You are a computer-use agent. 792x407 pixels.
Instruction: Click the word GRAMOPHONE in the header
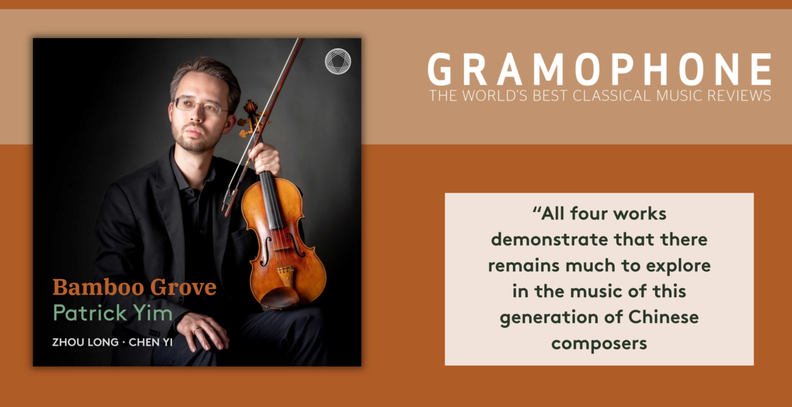coord(599,69)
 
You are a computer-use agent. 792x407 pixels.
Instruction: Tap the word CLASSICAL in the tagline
coord(611,96)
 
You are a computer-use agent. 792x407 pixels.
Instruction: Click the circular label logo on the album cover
coord(338,61)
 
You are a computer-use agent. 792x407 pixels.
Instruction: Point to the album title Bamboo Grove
coord(134,287)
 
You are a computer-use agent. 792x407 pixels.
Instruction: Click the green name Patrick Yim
coord(113,313)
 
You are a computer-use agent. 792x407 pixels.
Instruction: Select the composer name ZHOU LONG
coord(85,342)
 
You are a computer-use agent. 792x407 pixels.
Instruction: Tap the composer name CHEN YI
coord(151,342)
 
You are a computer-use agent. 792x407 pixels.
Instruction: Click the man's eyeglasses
coord(200,107)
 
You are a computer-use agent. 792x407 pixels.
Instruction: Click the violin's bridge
coord(285,271)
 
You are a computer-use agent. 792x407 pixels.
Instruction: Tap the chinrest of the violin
coord(280,298)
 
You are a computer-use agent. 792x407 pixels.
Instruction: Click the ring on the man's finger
coord(197,331)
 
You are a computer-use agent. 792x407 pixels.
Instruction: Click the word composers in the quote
coord(599,344)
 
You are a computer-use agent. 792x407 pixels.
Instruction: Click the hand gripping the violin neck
coord(265,158)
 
